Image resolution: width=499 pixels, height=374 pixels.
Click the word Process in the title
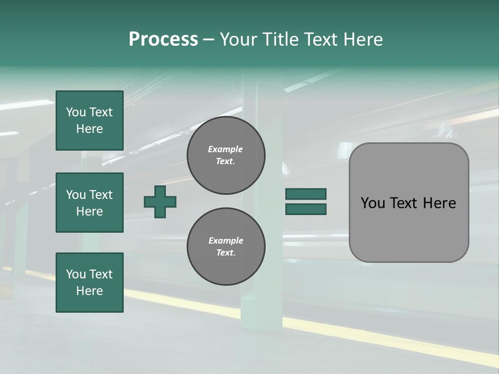click(x=163, y=39)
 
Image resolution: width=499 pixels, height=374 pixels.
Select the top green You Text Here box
click(x=89, y=121)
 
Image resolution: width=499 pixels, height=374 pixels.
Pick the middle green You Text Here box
click(x=89, y=203)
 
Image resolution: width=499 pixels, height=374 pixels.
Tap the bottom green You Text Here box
click(x=89, y=283)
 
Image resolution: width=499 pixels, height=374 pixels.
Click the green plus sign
click(x=160, y=202)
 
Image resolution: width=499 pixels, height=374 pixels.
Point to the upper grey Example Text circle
click(x=226, y=155)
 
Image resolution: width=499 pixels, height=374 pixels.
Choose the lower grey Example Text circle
click(x=226, y=247)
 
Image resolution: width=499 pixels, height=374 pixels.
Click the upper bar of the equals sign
click(x=306, y=194)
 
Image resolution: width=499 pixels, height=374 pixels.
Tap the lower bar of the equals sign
click(x=306, y=209)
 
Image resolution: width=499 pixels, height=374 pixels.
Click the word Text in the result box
click(x=404, y=203)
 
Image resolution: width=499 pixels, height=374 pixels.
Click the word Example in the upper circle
click(x=225, y=149)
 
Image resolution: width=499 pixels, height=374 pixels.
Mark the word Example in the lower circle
click(x=226, y=241)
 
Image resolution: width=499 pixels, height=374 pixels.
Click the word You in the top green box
click(x=76, y=112)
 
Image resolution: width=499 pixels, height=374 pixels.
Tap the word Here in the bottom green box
click(x=89, y=291)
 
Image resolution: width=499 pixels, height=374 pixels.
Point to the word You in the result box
click(x=372, y=203)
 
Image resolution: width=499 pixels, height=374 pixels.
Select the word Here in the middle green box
click(x=89, y=211)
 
